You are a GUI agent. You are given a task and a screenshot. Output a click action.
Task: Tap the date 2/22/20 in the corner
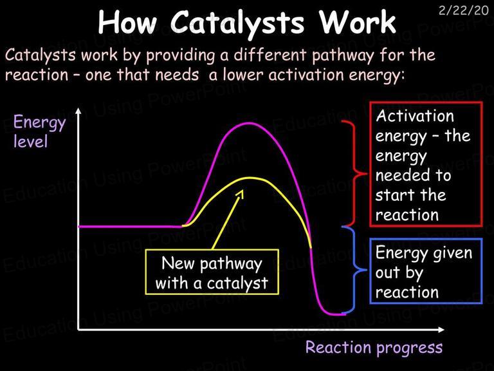[463, 10]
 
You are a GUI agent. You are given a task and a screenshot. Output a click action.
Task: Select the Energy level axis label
[40, 131]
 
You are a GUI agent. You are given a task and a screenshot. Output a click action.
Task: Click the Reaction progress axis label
[374, 348]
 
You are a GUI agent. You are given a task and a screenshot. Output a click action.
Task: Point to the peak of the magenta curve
[249, 123]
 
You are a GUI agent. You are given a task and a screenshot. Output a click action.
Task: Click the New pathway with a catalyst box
[212, 272]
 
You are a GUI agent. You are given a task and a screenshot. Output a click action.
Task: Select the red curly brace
[355, 173]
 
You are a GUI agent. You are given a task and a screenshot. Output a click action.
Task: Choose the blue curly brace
[355, 270]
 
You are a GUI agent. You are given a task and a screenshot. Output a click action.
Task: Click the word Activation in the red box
[415, 116]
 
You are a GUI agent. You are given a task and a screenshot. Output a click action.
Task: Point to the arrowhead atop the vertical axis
[78, 111]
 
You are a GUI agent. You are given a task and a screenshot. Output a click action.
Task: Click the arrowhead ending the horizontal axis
[441, 330]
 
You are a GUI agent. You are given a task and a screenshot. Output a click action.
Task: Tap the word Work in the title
[358, 23]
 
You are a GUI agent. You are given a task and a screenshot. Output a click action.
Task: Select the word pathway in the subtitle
[343, 56]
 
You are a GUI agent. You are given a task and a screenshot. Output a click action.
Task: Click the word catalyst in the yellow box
[237, 283]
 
